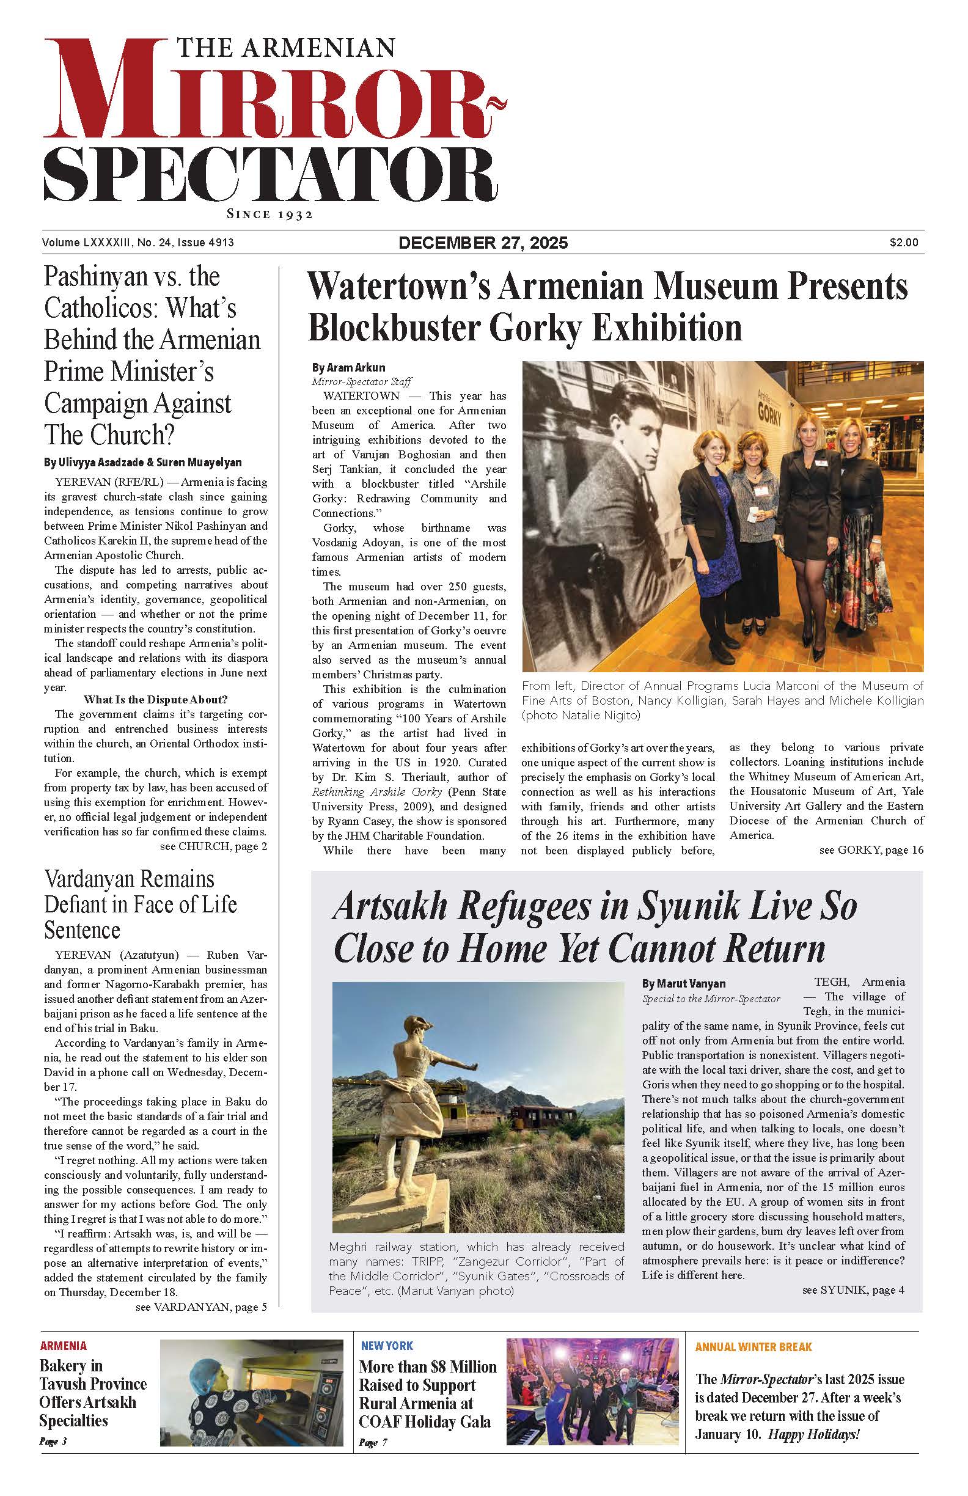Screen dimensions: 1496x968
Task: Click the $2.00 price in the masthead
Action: point(903,243)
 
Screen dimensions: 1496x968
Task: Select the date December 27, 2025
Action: point(483,243)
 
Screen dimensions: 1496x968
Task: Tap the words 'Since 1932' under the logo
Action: point(269,215)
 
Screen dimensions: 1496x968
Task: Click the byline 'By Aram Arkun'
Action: point(348,367)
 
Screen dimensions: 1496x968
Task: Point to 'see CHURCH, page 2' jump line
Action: point(214,846)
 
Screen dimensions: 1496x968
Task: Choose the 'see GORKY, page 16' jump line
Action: point(871,850)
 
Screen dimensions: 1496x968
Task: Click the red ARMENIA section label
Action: point(64,1346)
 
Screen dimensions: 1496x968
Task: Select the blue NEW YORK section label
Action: point(387,1346)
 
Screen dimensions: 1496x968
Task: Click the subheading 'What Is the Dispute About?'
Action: point(155,700)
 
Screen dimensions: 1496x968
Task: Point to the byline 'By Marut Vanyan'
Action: point(683,983)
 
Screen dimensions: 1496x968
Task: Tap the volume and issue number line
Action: point(138,243)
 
